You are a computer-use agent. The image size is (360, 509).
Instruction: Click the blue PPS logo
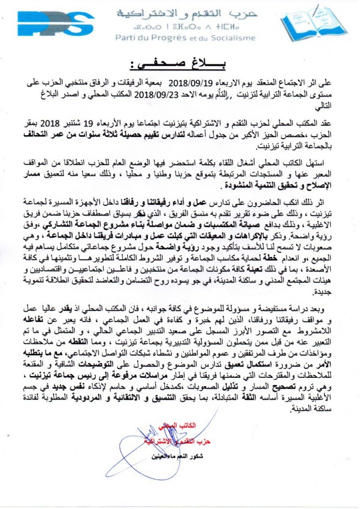coord(55,23)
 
